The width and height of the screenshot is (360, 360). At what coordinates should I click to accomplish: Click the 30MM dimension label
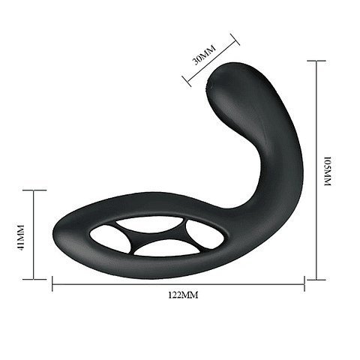(204, 55)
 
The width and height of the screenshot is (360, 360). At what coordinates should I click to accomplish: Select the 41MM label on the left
(21, 234)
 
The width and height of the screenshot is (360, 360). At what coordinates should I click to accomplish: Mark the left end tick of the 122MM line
(52, 283)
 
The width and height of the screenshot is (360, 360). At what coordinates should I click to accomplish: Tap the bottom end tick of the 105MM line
(316, 280)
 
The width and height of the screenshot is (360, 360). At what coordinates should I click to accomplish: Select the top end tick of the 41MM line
(34, 190)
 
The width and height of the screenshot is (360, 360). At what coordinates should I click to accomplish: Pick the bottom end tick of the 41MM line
(34, 280)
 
